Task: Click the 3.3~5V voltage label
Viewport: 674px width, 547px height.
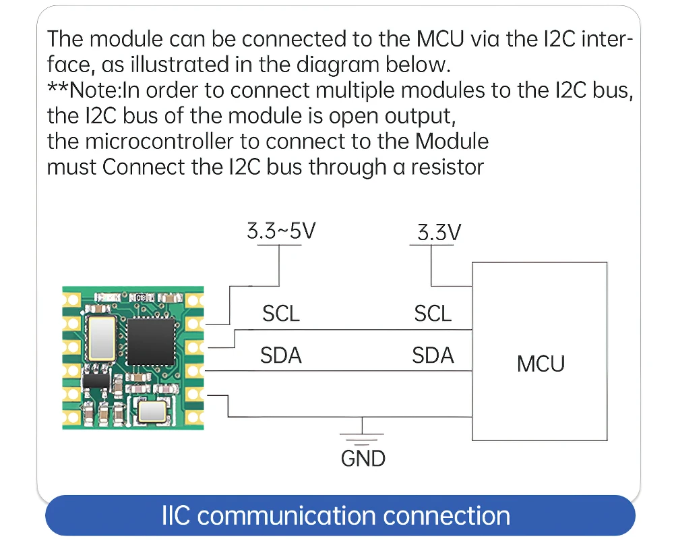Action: pyautogui.click(x=281, y=231)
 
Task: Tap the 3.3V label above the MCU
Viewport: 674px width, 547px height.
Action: pyautogui.click(x=439, y=232)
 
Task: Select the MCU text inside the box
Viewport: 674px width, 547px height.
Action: pyautogui.click(x=541, y=364)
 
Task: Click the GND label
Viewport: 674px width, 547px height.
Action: pyautogui.click(x=363, y=459)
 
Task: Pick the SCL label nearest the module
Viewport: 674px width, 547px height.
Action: pyautogui.click(x=280, y=314)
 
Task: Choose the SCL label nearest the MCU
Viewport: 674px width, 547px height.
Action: pyautogui.click(x=433, y=314)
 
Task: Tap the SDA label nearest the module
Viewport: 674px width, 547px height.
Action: pyautogui.click(x=280, y=355)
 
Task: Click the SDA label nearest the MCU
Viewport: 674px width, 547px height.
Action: pyautogui.click(x=433, y=355)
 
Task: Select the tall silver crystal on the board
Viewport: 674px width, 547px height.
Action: pyautogui.click(x=102, y=338)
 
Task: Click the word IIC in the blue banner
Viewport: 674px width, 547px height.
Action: pyautogui.click(x=176, y=515)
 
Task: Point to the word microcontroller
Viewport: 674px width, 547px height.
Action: pyautogui.click(x=159, y=142)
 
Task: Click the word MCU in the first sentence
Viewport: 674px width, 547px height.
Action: pyautogui.click(x=441, y=39)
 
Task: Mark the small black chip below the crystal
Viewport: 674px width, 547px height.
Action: pyautogui.click(x=96, y=380)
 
